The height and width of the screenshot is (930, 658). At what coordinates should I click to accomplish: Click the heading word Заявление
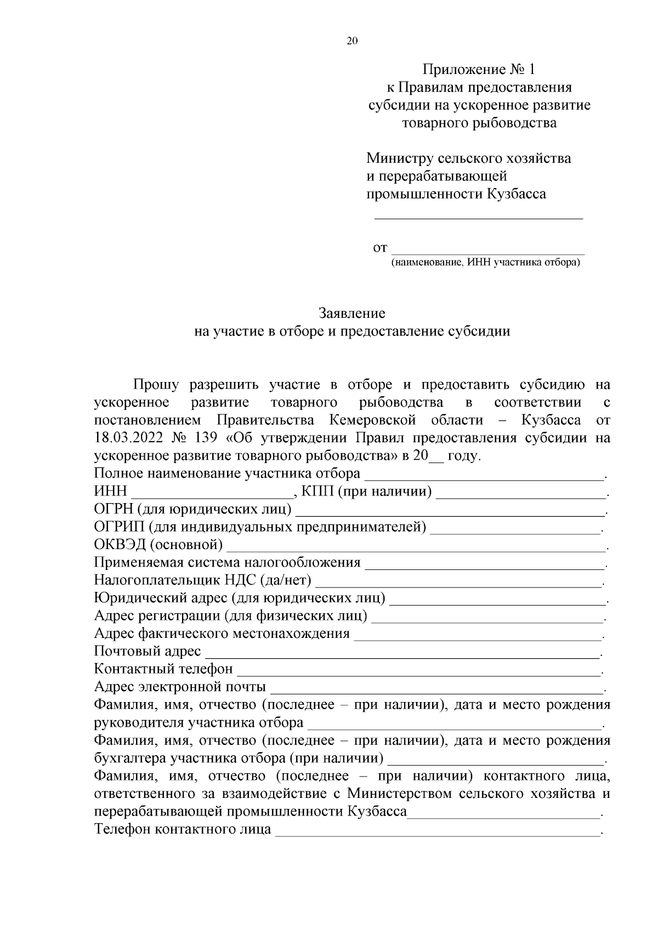click(x=352, y=313)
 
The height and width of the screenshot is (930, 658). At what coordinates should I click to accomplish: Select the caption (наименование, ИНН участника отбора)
click(x=485, y=263)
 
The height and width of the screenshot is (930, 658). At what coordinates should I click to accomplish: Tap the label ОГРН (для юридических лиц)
click(x=193, y=510)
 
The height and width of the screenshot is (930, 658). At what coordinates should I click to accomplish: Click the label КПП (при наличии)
click(x=366, y=492)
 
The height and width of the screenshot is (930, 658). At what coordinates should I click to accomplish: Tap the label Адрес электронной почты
click(x=180, y=687)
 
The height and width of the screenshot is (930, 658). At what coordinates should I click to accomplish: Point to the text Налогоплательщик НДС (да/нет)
click(x=203, y=580)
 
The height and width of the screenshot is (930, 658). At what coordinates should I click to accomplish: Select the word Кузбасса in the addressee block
click(x=516, y=194)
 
